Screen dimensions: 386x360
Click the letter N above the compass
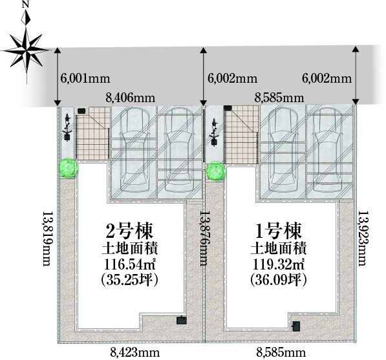pyautogui.click(x=25, y=5)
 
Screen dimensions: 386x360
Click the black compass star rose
pyautogui.click(x=26, y=50)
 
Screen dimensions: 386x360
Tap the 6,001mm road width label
pyautogui.click(x=85, y=78)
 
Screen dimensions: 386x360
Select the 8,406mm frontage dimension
pyautogui.click(x=131, y=98)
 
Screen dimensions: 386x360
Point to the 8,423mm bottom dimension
pyautogui.click(x=134, y=353)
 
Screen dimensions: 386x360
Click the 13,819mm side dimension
pyautogui.click(x=47, y=238)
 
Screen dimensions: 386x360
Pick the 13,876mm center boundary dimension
pyautogui.click(x=204, y=238)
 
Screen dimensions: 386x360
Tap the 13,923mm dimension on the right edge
pyautogui.click(x=361, y=238)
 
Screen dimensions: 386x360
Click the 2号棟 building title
pyautogui.click(x=129, y=231)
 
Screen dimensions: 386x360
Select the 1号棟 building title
pyautogui.click(x=278, y=231)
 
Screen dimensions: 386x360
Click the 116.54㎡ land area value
pyautogui.click(x=129, y=265)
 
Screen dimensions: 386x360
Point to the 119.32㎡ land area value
pyautogui.click(x=278, y=265)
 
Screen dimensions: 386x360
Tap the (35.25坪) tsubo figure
pyautogui.click(x=129, y=280)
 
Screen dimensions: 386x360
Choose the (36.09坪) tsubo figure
pyautogui.click(x=278, y=280)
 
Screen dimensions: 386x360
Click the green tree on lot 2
pyautogui.click(x=68, y=167)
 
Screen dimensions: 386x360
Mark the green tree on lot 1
pyautogui.click(x=216, y=171)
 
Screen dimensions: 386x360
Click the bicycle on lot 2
pyautogui.click(x=67, y=128)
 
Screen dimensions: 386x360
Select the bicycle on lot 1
pyautogui.click(x=214, y=132)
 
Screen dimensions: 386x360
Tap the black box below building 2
pyautogui.click(x=182, y=320)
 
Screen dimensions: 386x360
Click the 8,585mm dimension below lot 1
pyautogui.click(x=281, y=353)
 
